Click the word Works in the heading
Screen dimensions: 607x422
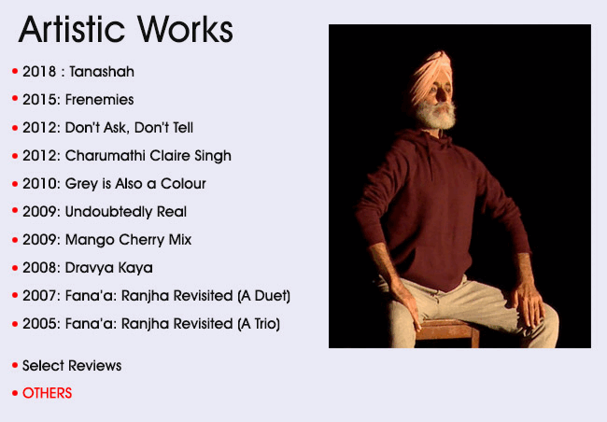pyautogui.click(x=185, y=30)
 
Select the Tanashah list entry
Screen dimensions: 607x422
pyautogui.click(x=78, y=72)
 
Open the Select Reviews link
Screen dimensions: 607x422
pyautogui.click(x=72, y=365)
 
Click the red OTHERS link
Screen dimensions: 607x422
pyautogui.click(x=48, y=393)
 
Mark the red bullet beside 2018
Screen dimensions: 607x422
pyautogui.click(x=15, y=71)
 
